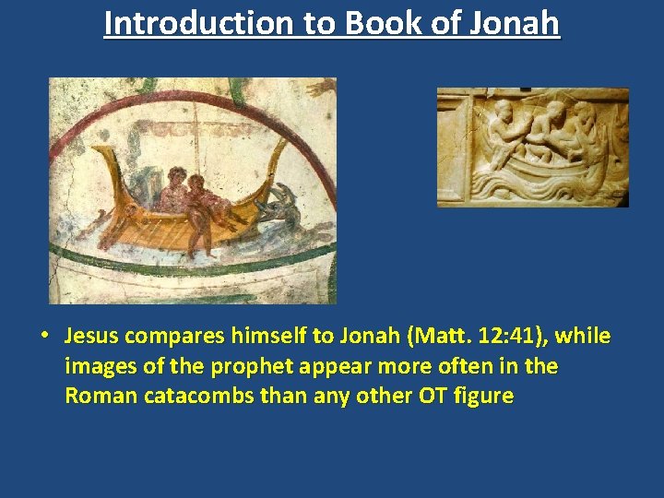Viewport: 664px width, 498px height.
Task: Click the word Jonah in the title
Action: (x=514, y=22)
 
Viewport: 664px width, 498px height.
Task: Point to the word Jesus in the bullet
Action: (x=92, y=336)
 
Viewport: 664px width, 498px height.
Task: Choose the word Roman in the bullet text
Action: (x=95, y=397)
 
